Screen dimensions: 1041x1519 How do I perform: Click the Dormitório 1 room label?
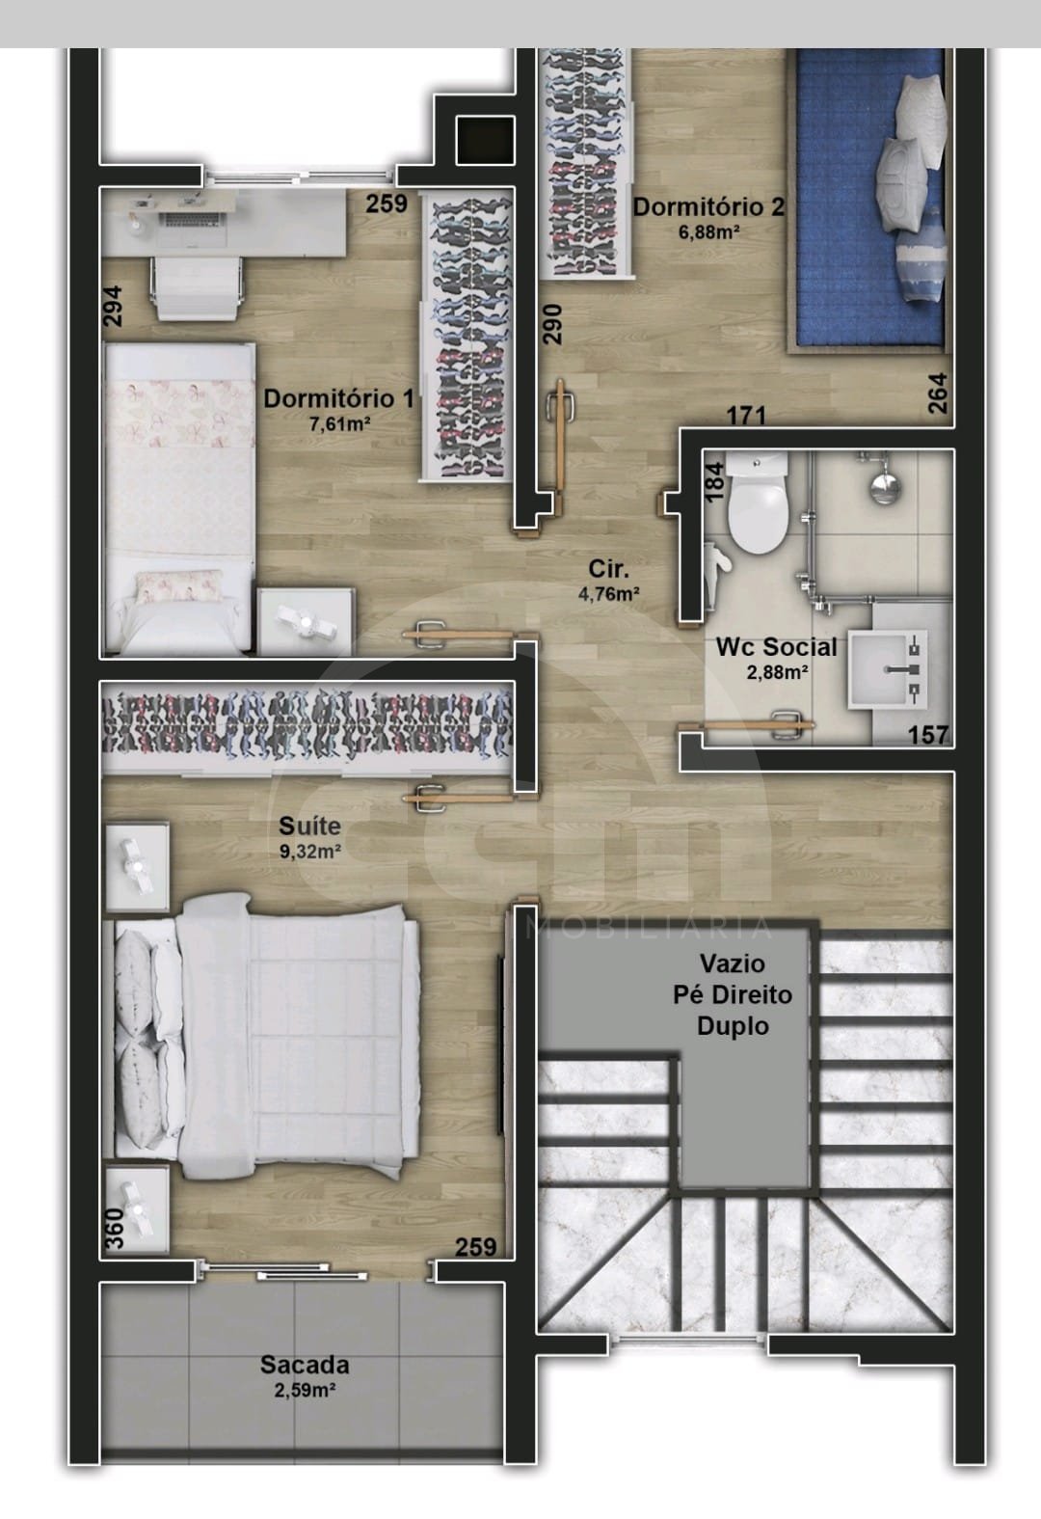[x=338, y=398]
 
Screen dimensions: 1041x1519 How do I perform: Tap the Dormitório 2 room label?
[x=708, y=206]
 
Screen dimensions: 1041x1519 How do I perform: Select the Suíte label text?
[x=309, y=826]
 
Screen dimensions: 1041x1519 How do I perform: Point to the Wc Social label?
[x=777, y=646]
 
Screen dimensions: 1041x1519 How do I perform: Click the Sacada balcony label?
[x=305, y=1365]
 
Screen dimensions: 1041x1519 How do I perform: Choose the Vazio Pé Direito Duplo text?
[x=732, y=994]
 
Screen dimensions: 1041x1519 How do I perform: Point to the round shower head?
[x=885, y=488]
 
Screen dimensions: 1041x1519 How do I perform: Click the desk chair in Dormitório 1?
[x=198, y=287]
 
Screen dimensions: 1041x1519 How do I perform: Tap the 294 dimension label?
[x=113, y=306]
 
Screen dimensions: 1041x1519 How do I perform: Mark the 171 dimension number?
[x=746, y=415]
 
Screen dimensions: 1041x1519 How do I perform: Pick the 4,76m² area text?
[x=609, y=594]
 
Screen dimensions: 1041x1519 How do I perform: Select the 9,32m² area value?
[x=309, y=851]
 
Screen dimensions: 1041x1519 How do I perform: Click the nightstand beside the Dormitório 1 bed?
[x=305, y=622]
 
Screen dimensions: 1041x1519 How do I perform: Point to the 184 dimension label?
[x=714, y=481]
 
